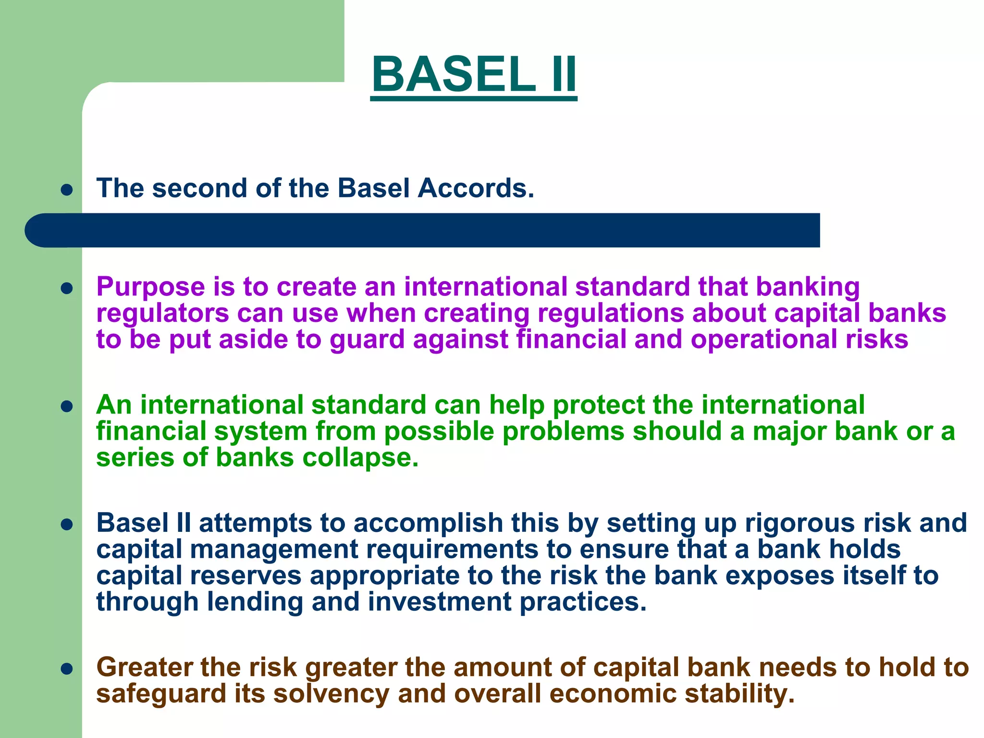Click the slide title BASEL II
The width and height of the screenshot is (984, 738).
[x=474, y=74]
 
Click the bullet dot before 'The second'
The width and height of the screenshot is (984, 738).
[x=67, y=190]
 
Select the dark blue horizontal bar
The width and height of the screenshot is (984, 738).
[x=423, y=231]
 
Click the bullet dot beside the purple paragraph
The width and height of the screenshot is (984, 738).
[x=67, y=288]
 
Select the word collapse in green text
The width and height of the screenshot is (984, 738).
[x=360, y=458]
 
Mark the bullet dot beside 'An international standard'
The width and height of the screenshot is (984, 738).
[x=67, y=407]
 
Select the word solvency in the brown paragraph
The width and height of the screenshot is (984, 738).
[x=331, y=694]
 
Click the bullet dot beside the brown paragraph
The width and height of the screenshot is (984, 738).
[x=67, y=669]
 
